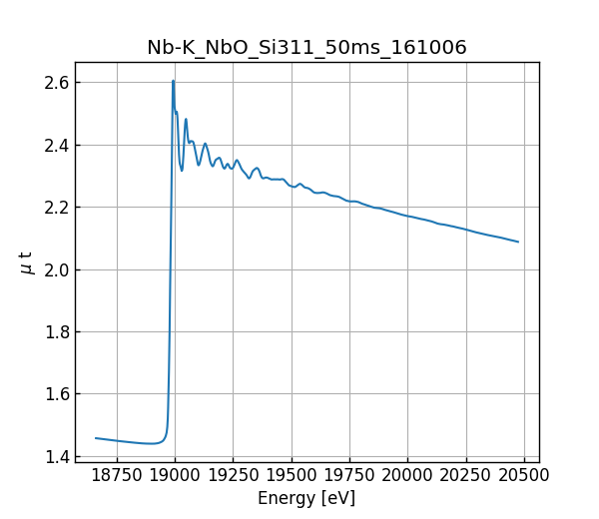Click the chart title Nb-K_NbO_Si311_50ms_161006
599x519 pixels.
click(306, 48)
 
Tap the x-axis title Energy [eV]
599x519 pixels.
click(306, 498)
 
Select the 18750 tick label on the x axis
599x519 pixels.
click(117, 475)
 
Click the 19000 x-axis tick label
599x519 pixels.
click(175, 475)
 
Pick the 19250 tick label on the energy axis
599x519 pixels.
click(233, 475)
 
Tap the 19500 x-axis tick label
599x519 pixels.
click(292, 475)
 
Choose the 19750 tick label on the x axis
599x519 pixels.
click(349, 475)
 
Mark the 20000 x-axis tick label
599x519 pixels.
click(407, 475)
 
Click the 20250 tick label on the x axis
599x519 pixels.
click(465, 475)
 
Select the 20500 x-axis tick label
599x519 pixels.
click(524, 475)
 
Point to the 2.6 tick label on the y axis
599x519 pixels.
click(57, 83)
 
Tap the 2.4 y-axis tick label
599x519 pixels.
click(57, 146)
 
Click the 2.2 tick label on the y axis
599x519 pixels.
click(57, 208)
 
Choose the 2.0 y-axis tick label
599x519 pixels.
click(57, 270)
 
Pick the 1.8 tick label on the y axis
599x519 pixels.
click(57, 332)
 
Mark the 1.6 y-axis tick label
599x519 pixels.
click(57, 394)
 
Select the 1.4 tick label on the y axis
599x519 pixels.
click(57, 457)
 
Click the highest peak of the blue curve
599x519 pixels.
click(173, 81)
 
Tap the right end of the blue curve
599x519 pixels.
click(518, 242)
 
